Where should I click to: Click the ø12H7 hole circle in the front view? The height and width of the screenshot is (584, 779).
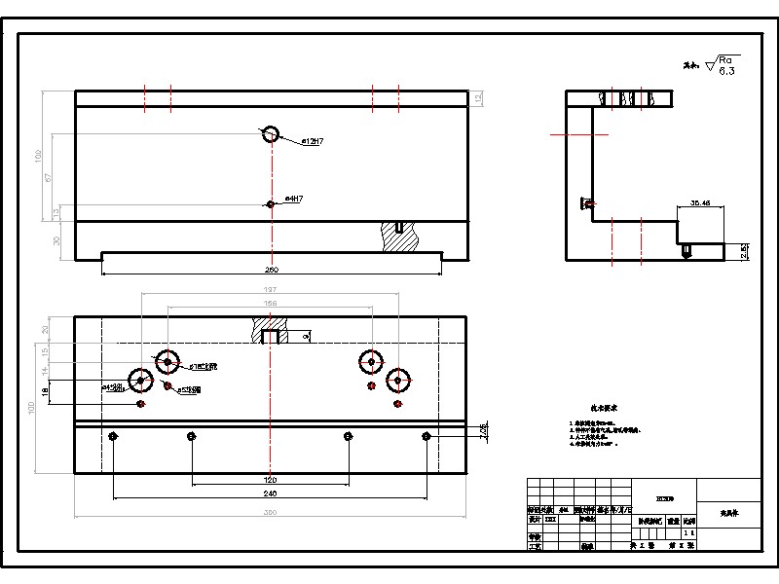pos(271,133)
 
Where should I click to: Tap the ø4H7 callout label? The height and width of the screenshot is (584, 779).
pos(294,199)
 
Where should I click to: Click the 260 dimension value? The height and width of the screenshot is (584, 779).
pos(272,270)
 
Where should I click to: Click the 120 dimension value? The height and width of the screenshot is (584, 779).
pos(271,480)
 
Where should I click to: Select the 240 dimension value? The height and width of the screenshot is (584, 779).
pos(271,493)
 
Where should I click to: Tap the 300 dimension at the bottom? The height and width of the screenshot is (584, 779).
pos(271,512)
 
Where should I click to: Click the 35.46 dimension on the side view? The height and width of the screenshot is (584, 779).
pos(699,203)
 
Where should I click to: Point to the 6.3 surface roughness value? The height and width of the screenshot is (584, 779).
pos(726,71)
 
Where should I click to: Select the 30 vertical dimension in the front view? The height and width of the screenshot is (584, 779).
pos(56,240)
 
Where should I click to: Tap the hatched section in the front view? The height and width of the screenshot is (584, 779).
pos(400,237)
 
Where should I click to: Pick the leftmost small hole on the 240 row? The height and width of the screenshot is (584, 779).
pos(115,436)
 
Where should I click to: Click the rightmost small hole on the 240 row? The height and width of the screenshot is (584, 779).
pos(426,436)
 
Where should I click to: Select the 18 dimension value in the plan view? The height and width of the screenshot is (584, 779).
pos(44,391)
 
